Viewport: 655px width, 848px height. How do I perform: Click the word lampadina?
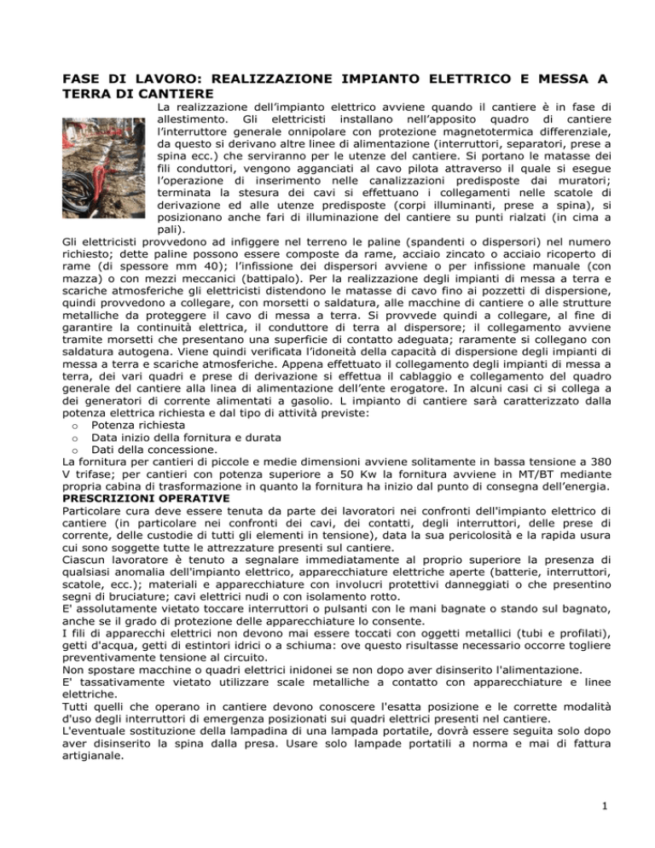[260, 737]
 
